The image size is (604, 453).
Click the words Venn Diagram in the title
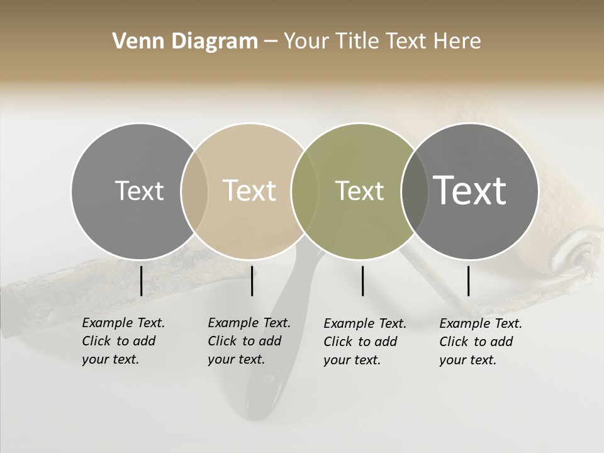(185, 42)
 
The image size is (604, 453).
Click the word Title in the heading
(356, 42)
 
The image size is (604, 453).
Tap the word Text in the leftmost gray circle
(139, 191)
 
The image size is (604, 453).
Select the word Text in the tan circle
(249, 191)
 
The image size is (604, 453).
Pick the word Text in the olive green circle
(359, 191)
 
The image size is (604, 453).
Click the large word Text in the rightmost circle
(470, 191)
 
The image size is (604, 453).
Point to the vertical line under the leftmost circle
(141, 281)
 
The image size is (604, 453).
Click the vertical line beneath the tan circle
(252, 281)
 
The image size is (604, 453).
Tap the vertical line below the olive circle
(362, 281)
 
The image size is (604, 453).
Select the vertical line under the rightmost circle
(468, 281)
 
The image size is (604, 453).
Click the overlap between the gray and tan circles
(194, 191)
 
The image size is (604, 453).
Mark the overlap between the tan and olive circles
(305, 191)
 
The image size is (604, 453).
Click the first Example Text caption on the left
(123, 341)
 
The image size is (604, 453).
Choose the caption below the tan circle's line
(249, 341)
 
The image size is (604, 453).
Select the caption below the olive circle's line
(364, 342)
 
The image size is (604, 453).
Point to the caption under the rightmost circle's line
(480, 342)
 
